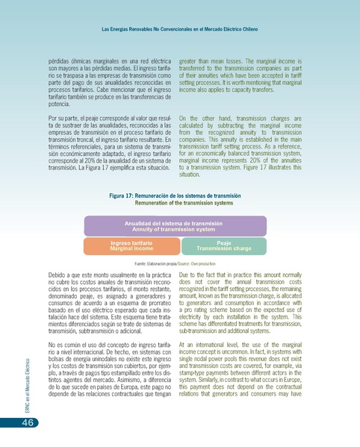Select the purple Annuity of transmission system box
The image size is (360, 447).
click(175, 226)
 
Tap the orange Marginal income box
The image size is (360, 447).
click(131, 246)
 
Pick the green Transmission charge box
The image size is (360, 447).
click(223, 246)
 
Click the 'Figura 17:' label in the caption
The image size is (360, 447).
click(124, 195)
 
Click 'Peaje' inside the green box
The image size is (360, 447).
click(223, 243)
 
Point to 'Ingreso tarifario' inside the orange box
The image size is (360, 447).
click(131, 243)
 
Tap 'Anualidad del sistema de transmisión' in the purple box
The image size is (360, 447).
click(173, 222)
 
